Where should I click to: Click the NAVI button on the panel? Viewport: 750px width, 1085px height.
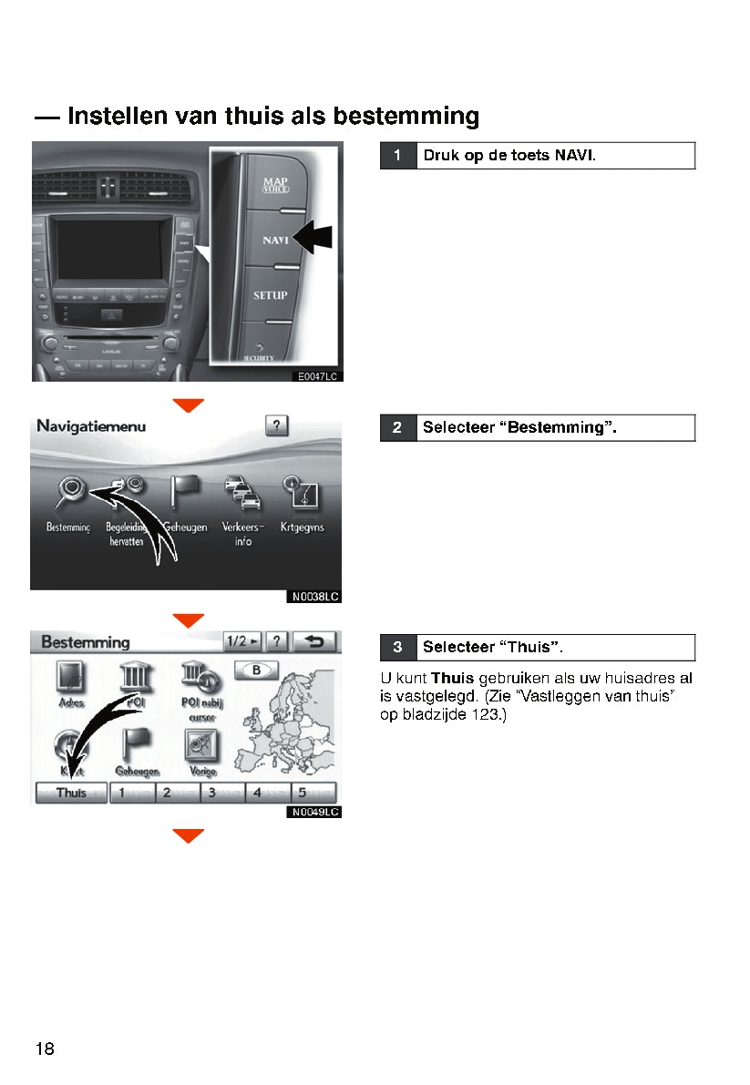pyautogui.click(x=275, y=240)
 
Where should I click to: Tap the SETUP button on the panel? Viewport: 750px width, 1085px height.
pyautogui.click(x=270, y=295)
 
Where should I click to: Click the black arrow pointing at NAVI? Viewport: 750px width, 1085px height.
pyautogui.click(x=313, y=239)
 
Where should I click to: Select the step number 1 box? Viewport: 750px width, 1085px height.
pyautogui.click(x=397, y=156)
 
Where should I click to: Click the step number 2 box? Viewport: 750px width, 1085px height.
pyautogui.click(x=397, y=427)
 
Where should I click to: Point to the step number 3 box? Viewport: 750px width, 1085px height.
pyautogui.click(x=397, y=648)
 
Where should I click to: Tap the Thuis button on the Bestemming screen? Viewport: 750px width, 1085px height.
pyautogui.click(x=71, y=793)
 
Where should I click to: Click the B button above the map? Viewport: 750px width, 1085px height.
pyautogui.click(x=257, y=670)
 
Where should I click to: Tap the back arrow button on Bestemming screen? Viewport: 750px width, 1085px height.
pyautogui.click(x=314, y=642)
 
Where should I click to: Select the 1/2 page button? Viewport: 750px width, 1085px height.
pyautogui.click(x=241, y=642)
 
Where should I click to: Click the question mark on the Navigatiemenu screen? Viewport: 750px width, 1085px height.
pyautogui.click(x=276, y=425)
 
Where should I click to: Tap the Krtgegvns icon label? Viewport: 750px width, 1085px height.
pyautogui.click(x=302, y=527)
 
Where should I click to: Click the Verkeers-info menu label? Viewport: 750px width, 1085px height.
pyautogui.click(x=242, y=534)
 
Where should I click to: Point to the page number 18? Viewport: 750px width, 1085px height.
pyautogui.click(x=45, y=1049)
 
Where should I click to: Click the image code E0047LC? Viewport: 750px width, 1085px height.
pyautogui.click(x=316, y=375)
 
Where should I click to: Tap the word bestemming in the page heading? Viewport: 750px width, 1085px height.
pyautogui.click(x=406, y=117)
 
